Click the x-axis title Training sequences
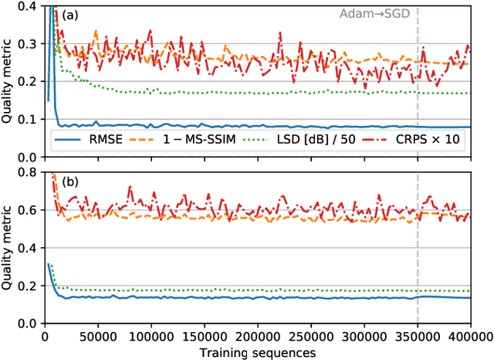pyautogui.click(x=257, y=352)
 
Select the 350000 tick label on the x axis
pyautogui.click(x=418, y=336)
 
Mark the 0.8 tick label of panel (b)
pyautogui.click(x=29, y=175)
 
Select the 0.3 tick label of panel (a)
pyautogui.click(x=29, y=46)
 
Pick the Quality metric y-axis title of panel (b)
pyautogui.click(x=8, y=249)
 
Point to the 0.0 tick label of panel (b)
pyautogui.click(x=29, y=323)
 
